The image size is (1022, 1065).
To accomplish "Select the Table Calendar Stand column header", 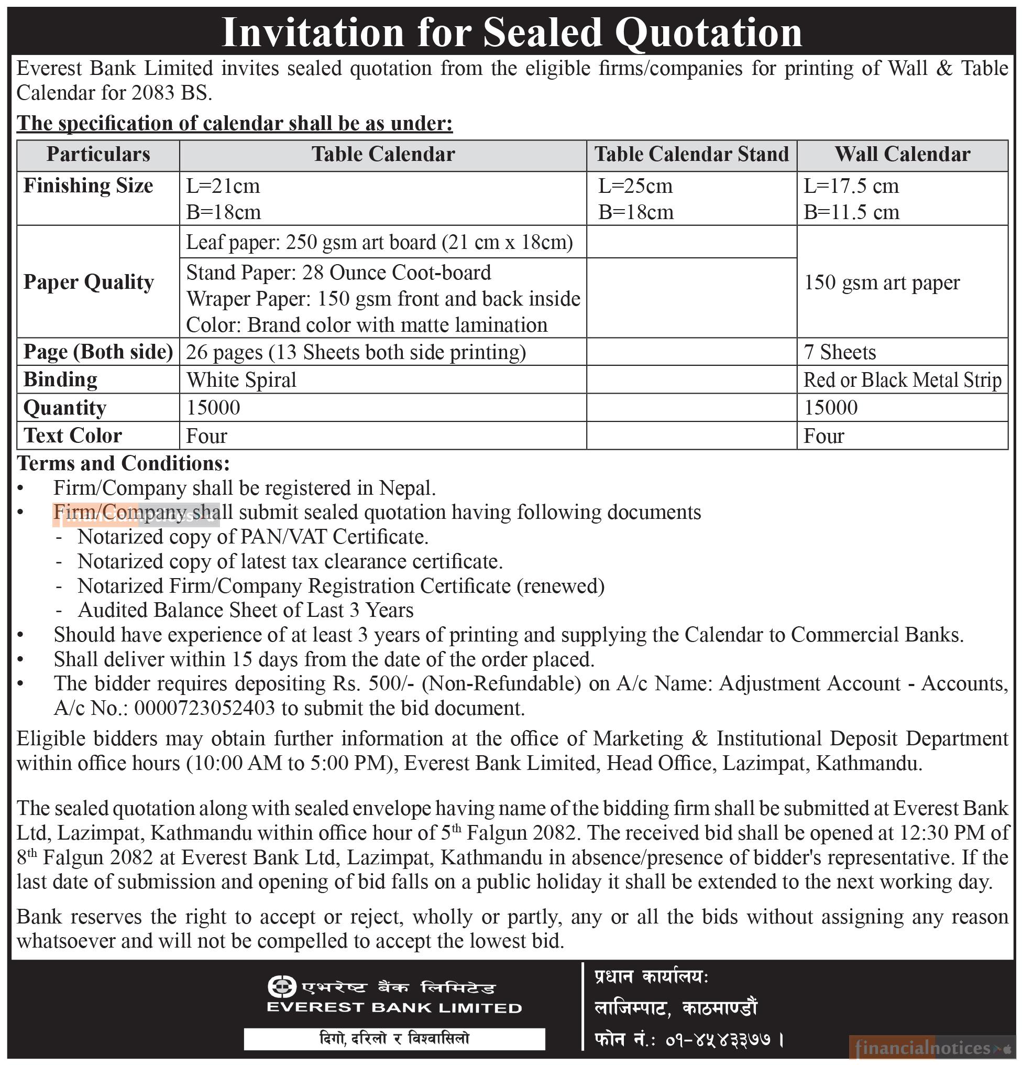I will (691, 154).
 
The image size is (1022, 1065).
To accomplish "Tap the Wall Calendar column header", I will (902, 154).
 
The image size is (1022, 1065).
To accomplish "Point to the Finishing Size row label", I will (88, 186).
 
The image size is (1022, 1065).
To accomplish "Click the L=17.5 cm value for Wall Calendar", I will (851, 187).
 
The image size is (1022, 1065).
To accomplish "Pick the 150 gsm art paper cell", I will (882, 282).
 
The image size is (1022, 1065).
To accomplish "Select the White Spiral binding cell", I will (241, 380).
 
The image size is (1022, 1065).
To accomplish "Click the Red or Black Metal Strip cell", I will (902, 381).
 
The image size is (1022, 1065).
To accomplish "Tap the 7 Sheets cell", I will (840, 353).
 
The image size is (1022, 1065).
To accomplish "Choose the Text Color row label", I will (73, 436).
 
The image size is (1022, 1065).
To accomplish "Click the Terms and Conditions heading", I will (123, 463).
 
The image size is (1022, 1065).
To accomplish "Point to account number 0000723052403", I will (204, 709).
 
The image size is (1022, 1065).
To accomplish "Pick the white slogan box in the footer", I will (394, 1038).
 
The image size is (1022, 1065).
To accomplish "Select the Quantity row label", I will (64, 408).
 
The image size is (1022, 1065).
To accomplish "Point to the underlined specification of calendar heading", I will (235, 123).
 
